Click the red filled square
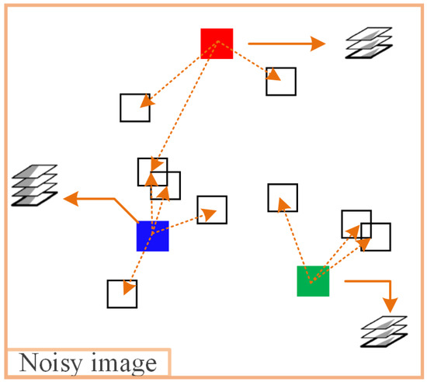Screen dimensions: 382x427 point(217,43)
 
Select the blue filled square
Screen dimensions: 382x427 point(153,236)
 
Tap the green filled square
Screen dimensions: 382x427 point(313,281)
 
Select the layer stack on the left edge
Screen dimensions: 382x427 point(35,186)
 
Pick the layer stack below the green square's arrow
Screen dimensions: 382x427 point(385,332)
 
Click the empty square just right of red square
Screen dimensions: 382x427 point(281,81)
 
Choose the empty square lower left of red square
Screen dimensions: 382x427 point(134,107)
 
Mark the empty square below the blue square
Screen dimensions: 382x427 point(122,293)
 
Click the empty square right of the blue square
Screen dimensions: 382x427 point(212,210)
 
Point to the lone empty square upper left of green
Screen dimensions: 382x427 point(283,197)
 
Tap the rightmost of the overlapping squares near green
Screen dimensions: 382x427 point(377,237)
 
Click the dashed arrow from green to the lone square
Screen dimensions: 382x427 point(295,237)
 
